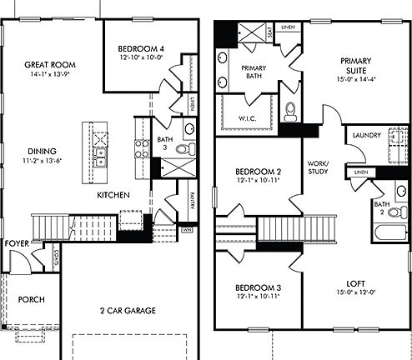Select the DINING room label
(43, 151)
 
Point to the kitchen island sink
(101, 157)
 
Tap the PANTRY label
(193, 201)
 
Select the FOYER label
(17, 243)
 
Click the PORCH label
(31, 299)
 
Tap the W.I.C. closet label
(249, 117)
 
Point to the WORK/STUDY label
(318, 167)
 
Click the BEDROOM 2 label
(257, 172)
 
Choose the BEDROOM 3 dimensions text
(257, 296)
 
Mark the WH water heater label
(186, 228)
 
